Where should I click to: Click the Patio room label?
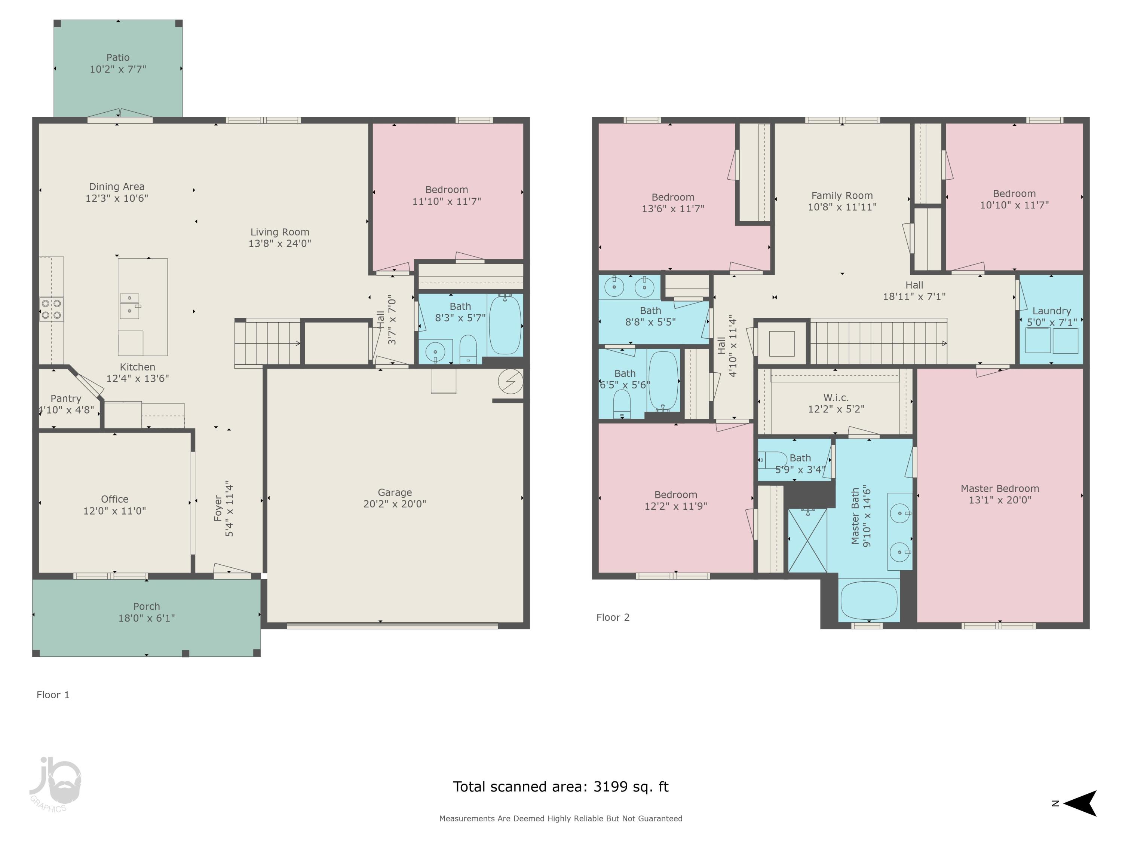(x=118, y=57)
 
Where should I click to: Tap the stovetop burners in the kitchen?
(x=51, y=309)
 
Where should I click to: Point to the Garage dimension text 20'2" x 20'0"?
(x=395, y=504)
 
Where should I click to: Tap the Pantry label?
(x=65, y=399)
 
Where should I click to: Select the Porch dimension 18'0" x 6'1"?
(x=147, y=618)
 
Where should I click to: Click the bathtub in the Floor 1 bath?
(x=505, y=325)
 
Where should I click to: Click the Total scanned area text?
(x=561, y=787)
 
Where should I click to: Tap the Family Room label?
(x=842, y=195)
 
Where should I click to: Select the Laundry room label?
(x=1051, y=311)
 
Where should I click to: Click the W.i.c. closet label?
(x=836, y=397)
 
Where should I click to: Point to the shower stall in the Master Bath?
(x=807, y=540)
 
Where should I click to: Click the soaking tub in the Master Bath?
(x=869, y=600)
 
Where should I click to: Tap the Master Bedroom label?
(x=1000, y=488)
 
